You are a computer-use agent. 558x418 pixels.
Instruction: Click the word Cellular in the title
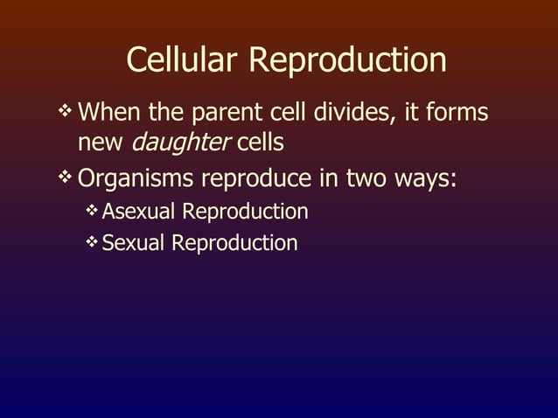tap(184, 60)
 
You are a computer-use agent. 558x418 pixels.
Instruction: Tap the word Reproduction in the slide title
tap(347, 60)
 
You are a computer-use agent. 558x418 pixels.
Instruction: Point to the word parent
tap(229, 115)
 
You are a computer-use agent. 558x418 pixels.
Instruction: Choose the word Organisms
tap(136, 179)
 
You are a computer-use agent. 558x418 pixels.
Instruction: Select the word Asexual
tap(141, 212)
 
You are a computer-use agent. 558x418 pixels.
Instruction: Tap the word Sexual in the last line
tap(133, 242)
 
